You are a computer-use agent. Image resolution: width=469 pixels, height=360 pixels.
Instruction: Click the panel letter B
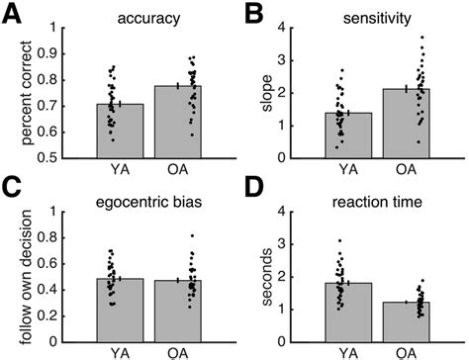(x=252, y=12)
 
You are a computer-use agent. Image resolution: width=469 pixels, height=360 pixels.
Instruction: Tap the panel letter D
(x=252, y=187)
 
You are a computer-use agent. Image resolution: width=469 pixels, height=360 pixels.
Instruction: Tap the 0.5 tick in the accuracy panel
(x=59, y=157)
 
